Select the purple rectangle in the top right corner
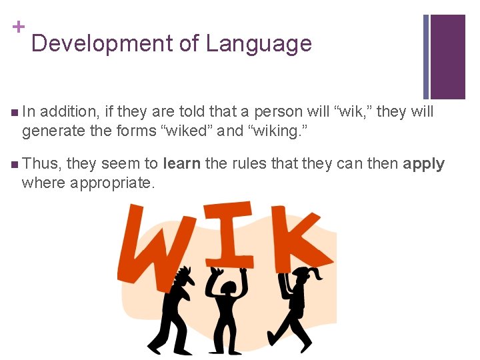(448, 57)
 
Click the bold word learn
(181, 164)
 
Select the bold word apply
(423, 164)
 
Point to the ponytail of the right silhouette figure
(317, 274)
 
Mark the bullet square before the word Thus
(15, 164)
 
